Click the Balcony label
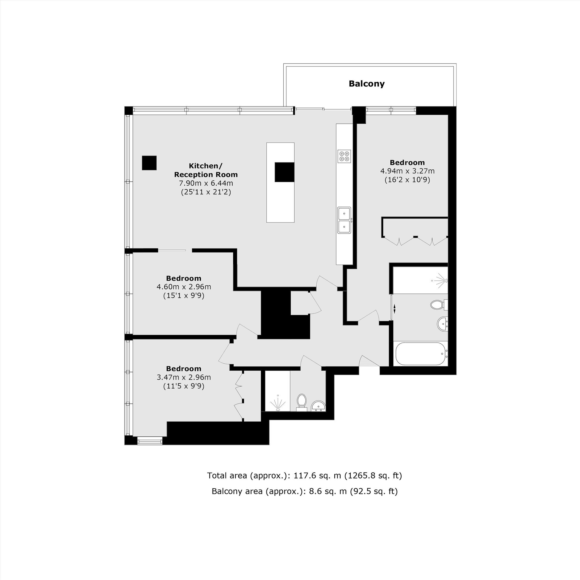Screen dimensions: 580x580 tap(366, 84)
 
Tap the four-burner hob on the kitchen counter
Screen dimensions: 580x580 tap(344, 156)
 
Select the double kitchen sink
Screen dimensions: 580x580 tap(344, 220)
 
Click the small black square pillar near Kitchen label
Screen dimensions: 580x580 tap(149, 163)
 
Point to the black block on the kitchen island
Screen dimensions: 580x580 tap(284, 172)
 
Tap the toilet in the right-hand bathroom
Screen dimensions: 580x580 tap(439, 305)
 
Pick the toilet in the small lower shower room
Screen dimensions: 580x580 tap(301, 402)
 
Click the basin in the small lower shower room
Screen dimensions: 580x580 tap(318, 406)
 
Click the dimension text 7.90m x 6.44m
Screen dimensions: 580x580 tap(206, 183)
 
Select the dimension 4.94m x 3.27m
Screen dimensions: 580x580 tap(407, 171)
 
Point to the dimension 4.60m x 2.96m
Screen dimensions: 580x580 tap(184, 287)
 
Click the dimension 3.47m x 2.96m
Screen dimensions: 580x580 tap(184, 377)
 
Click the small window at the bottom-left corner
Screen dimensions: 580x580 tap(150, 441)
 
